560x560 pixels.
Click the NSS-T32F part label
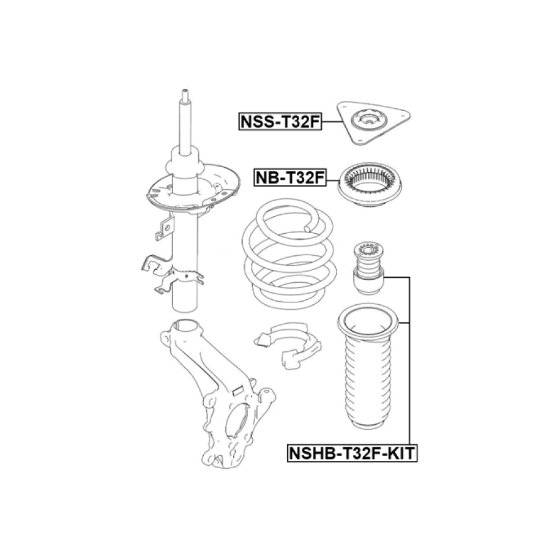point(280,122)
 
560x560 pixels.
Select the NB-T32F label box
point(290,177)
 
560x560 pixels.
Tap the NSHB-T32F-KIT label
point(352,454)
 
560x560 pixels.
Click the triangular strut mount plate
point(373,123)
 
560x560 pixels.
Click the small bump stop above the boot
point(368,268)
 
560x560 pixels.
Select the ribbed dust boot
point(368,368)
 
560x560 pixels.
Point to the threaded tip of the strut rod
point(185,95)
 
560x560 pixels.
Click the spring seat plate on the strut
point(193,189)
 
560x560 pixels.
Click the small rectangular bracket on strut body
point(165,228)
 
